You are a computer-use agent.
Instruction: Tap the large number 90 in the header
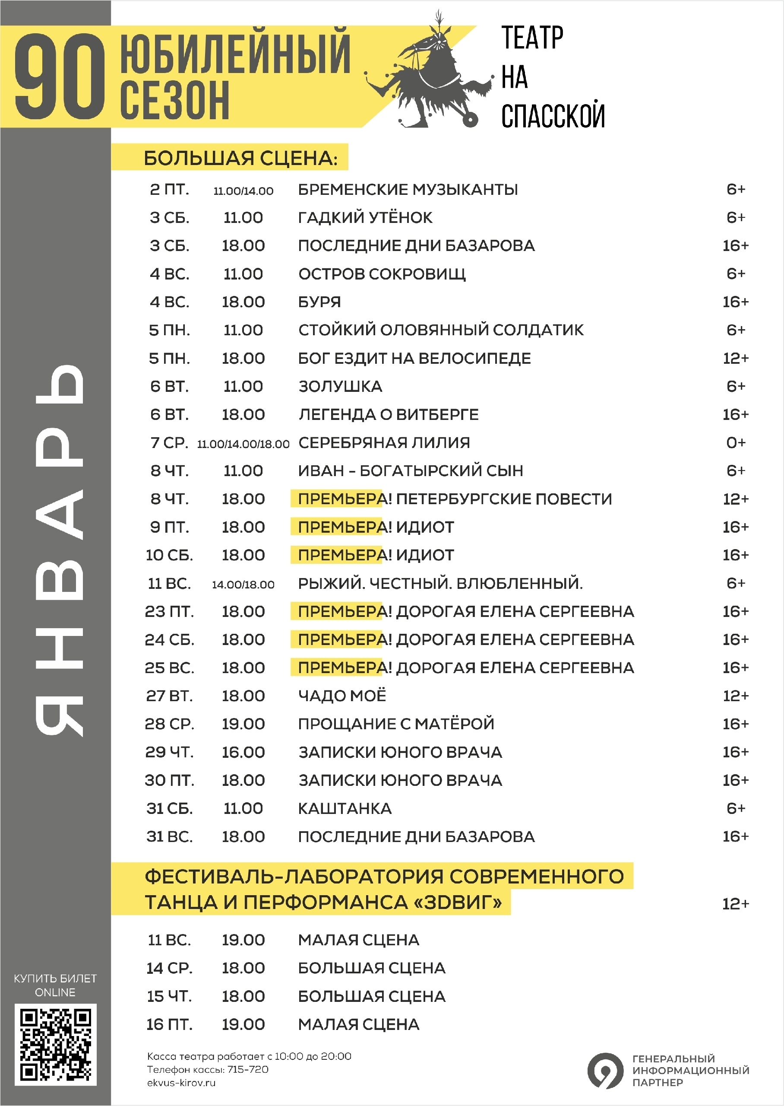(x=60, y=77)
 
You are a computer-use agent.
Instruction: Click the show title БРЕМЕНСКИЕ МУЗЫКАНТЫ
(x=408, y=190)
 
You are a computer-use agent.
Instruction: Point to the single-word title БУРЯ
(x=319, y=302)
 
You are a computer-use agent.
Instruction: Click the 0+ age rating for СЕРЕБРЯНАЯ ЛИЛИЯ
(x=735, y=442)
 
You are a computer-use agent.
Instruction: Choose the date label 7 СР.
(x=169, y=442)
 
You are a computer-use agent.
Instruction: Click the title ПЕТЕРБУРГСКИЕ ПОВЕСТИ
(x=503, y=499)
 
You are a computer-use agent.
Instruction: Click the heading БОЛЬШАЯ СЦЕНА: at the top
(x=240, y=159)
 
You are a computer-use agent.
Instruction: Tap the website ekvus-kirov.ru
(x=181, y=1082)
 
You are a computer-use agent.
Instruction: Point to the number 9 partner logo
(x=605, y=1070)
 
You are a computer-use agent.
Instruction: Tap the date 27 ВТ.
(x=169, y=696)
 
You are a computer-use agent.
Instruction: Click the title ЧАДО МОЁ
(x=342, y=696)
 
